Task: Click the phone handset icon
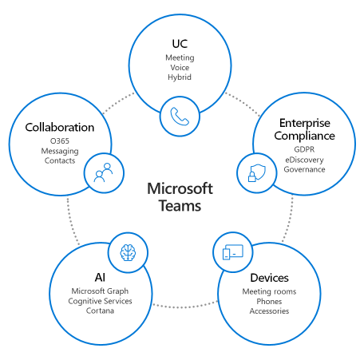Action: (180, 116)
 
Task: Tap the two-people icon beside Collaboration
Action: (103, 172)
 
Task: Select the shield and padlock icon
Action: (257, 173)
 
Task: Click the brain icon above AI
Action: (128, 252)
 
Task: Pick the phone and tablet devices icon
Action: (233, 252)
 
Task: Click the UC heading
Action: (180, 44)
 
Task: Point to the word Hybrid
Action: (180, 77)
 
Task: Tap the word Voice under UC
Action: (180, 68)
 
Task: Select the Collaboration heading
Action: (60, 127)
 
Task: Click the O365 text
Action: (60, 140)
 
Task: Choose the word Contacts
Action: (60, 160)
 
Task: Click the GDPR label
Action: (304, 149)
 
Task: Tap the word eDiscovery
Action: (304, 160)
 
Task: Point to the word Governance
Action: (304, 169)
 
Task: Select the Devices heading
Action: (269, 278)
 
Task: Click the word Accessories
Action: (269, 311)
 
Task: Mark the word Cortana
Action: (100, 311)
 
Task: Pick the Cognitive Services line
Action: (100, 301)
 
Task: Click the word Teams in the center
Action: (180, 206)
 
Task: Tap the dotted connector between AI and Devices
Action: (185, 307)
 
